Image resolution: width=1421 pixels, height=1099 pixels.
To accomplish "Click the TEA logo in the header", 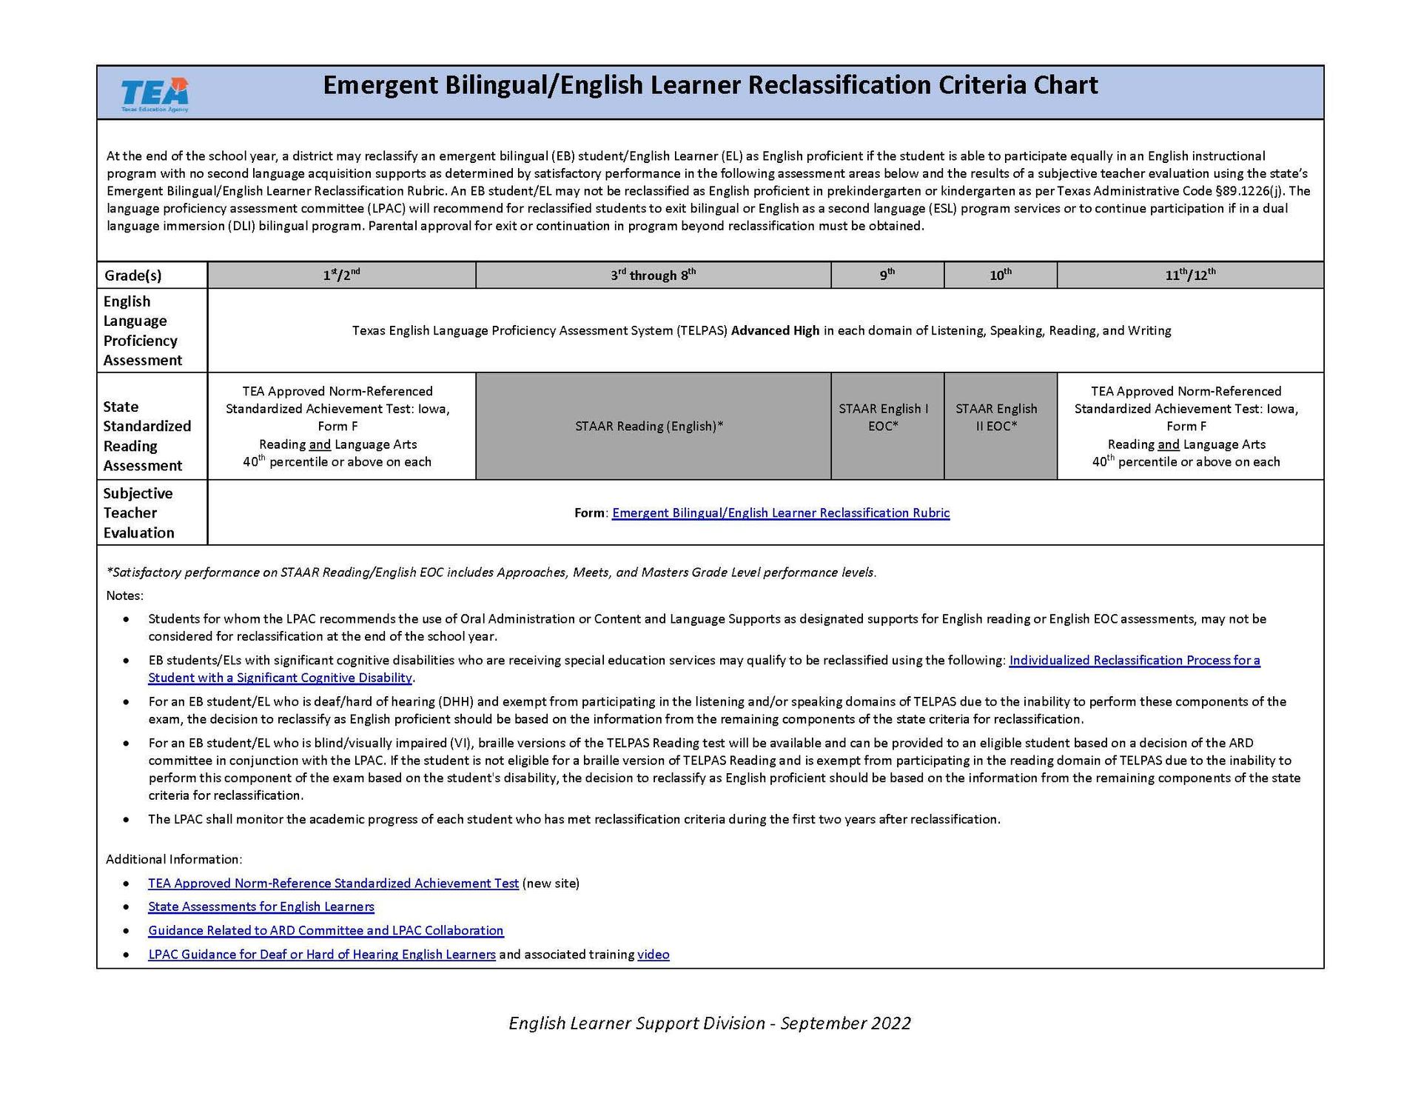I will coord(155,94).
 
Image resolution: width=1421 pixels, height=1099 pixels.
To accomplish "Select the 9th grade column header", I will coord(887,275).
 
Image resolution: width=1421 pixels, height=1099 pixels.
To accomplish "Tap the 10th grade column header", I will coord(1000,275).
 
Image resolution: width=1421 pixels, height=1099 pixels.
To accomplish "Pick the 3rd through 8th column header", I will coord(653,275).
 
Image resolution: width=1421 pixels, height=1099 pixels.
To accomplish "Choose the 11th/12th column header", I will coord(1189,275).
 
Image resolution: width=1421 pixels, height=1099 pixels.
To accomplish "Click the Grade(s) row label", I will coord(132,275).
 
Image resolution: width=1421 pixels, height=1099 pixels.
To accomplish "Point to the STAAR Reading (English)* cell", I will coord(649,426).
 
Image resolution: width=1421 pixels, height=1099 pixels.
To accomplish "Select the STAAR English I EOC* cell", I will coord(883,418).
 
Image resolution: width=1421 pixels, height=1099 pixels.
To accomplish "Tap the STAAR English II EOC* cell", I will coord(996,418).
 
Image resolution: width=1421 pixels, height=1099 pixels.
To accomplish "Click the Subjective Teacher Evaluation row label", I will coord(138,512).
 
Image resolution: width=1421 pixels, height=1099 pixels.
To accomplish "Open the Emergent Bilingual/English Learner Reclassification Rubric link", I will coord(781,512).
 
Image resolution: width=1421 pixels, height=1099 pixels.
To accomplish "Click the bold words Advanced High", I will coord(775,330).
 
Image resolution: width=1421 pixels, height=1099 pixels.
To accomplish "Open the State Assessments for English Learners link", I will coord(261,906).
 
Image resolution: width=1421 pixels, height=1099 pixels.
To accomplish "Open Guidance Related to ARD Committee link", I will coord(326,930).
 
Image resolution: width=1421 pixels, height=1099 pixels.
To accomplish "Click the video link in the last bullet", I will coord(653,954).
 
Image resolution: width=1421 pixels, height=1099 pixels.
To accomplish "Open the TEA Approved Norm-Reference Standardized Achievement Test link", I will coord(333,883).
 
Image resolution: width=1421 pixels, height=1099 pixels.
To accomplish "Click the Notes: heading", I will coord(124,595).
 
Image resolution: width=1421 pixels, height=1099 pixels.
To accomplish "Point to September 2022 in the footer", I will coord(845,1023).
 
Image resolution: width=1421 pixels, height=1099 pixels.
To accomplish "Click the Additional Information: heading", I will coord(174,859).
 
